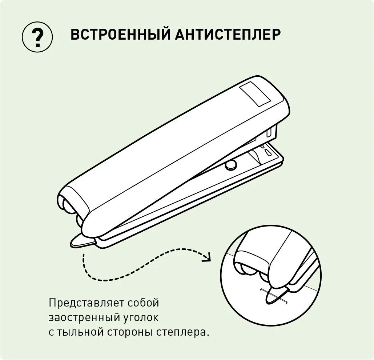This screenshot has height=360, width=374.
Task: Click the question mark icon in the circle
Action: [x=37, y=37]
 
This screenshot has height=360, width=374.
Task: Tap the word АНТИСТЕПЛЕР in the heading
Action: [x=228, y=35]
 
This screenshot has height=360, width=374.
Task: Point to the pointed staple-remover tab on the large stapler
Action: [x=81, y=241]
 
